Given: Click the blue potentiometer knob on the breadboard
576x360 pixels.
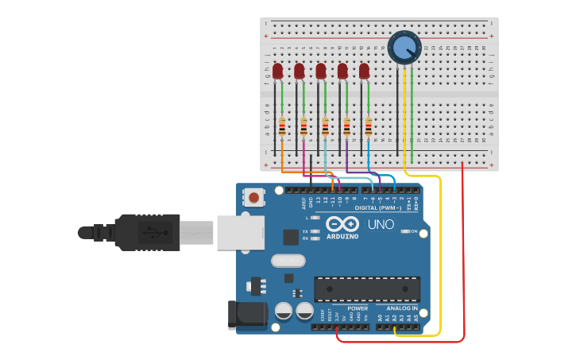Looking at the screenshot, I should coord(404,46).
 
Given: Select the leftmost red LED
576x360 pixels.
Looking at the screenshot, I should coord(277,72).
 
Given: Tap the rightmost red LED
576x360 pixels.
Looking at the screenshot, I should coord(364,72).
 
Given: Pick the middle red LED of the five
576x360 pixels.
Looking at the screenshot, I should coord(321,72).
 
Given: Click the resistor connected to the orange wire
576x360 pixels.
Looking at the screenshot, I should coord(282,126).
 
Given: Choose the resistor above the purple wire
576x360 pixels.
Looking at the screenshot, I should coord(347,126).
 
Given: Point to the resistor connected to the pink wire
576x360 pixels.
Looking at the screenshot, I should coord(303,126).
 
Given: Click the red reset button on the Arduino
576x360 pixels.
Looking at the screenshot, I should coord(253,196).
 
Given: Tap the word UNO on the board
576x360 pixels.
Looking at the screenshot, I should coord(381,224).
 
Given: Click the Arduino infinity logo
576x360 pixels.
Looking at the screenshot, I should coord(342,224).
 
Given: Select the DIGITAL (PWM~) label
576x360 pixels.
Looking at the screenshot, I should coord(377,208).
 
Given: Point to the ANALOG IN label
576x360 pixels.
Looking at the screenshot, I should coord(402,308).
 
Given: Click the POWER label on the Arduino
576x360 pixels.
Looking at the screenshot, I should coord(358,308).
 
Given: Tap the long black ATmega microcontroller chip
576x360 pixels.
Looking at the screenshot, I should coord(367,288).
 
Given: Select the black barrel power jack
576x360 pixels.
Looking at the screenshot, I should coord(246,315).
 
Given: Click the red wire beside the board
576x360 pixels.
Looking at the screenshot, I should coord(463,254).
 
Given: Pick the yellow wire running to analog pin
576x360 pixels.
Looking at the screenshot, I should coord(439,254).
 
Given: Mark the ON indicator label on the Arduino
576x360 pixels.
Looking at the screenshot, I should coord(412,231).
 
